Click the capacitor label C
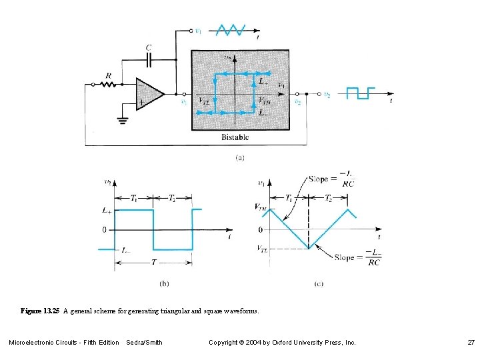[148, 47]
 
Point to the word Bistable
[235, 137]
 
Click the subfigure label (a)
[240, 158]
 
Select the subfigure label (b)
[164, 283]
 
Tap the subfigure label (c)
[319, 283]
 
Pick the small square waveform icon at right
[361, 93]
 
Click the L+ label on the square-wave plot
[106, 210]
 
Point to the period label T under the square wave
[153, 263]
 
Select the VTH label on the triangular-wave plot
[261, 207]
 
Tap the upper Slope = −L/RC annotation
[331, 181]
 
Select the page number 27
[471, 343]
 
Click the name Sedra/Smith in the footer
[144, 343]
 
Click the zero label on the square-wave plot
[104, 230]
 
